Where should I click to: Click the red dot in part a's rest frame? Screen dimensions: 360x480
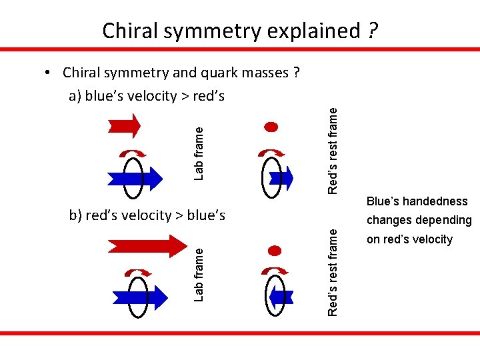[x=271, y=126]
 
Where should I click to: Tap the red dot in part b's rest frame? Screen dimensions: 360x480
[x=274, y=251]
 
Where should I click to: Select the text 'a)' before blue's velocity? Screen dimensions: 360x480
[x=75, y=96]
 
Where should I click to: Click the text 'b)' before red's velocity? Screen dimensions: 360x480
[x=76, y=215]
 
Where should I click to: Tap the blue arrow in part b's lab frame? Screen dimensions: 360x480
[x=136, y=297]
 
